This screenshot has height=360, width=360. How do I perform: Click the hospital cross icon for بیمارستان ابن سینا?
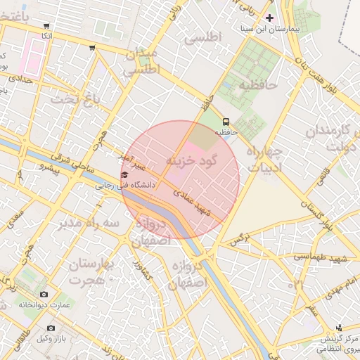tap(269, 17)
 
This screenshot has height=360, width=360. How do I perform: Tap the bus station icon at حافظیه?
tap(226, 120)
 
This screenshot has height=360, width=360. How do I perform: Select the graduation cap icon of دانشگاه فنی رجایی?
tap(124, 174)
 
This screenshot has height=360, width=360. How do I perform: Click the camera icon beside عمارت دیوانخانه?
tap(44, 294)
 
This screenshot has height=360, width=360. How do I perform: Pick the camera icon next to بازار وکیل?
tap(50, 328)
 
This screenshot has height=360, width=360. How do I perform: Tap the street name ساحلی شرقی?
tap(71, 165)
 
